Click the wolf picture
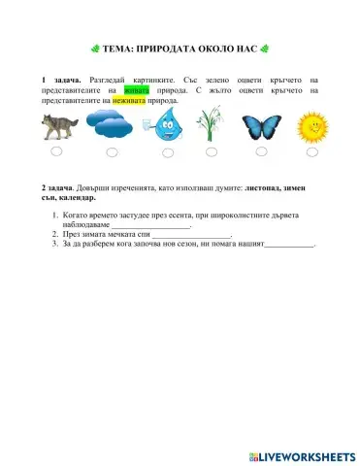click(58, 125)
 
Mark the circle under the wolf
click(57, 151)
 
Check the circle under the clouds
click(113, 152)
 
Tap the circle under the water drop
click(162, 152)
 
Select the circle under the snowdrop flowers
click(212, 152)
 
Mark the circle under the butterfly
click(261, 152)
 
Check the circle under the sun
click(311, 152)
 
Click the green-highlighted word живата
click(136, 88)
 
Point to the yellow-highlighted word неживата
click(132, 100)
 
